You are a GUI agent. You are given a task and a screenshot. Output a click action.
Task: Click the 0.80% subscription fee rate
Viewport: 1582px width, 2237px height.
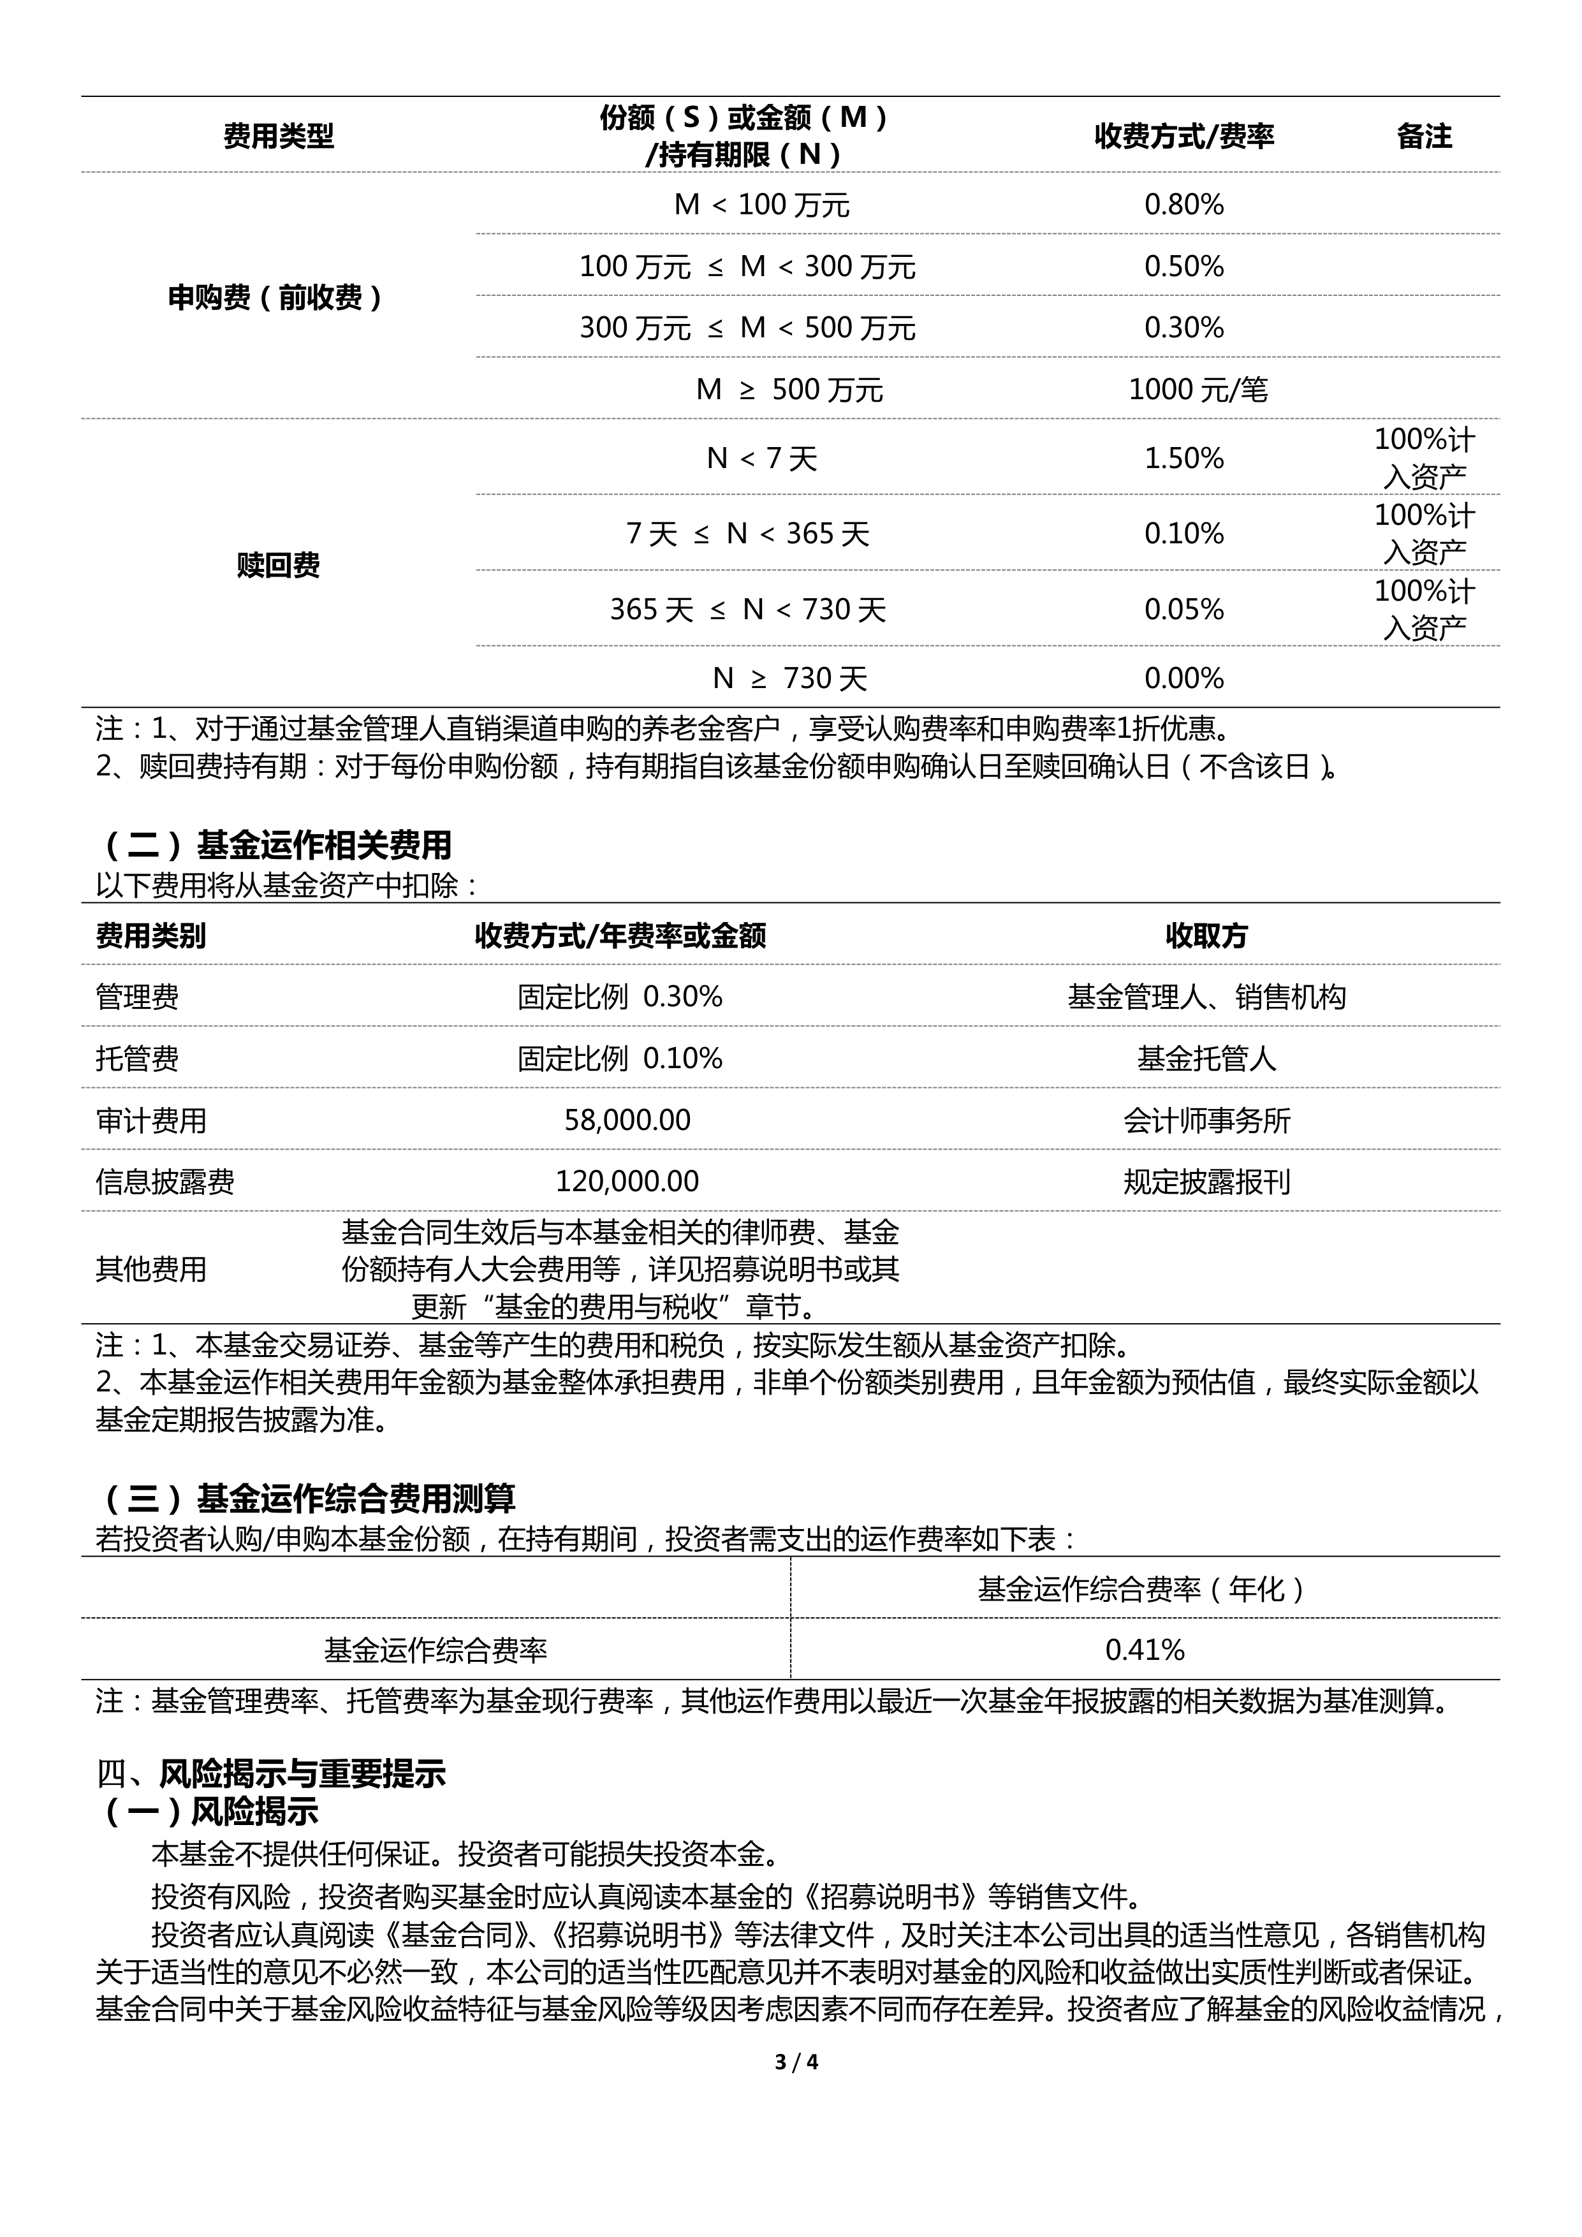pos(1183,205)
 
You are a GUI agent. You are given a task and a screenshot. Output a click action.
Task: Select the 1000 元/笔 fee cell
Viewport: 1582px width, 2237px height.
pos(1197,390)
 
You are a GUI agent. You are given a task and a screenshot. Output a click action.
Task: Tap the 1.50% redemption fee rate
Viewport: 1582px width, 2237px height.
pos(1183,458)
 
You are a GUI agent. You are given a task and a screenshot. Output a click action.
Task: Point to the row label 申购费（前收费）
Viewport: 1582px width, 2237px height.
pos(277,297)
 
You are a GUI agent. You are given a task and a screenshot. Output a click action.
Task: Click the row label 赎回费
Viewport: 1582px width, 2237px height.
pos(277,565)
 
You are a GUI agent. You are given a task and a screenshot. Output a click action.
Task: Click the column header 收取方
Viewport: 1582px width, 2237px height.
pos(1206,936)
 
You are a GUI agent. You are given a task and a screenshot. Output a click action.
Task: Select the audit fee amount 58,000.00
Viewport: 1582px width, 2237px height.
pos(627,1120)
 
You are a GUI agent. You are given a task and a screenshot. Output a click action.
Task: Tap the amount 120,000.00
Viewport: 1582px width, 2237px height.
pos(627,1182)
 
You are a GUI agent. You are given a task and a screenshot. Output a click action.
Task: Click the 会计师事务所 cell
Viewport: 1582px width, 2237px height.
pos(1206,1120)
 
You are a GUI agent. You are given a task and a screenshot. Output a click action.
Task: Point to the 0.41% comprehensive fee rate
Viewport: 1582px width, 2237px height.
pos(1145,1650)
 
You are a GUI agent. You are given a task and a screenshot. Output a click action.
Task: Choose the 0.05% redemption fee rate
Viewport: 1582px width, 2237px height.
pos(1183,610)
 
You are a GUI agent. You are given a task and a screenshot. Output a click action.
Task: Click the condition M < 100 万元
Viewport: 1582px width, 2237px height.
pos(762,205)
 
